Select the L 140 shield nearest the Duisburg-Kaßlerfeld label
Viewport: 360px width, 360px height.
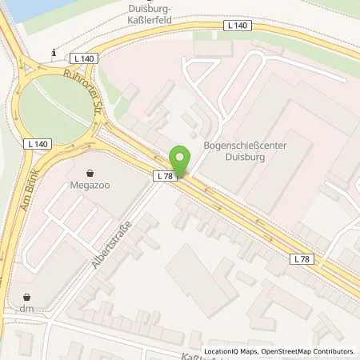click(x=239, y=26)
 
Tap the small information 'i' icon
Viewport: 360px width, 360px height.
click(x=53, y=54)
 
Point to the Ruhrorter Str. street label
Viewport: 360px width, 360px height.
click(x=84, y=91)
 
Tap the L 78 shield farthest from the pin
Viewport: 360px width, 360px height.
click(x=301, y=258)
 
